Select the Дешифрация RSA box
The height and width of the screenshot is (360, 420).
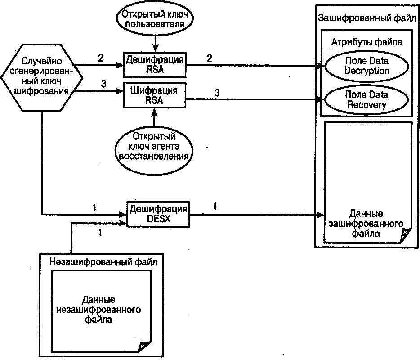coord(155,64)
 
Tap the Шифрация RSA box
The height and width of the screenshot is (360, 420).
coord(154,95)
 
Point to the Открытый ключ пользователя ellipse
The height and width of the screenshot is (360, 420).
coord(155,19)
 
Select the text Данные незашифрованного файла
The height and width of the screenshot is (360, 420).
coord(98,310)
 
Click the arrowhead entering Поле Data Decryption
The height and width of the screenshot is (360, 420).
coord(321,66)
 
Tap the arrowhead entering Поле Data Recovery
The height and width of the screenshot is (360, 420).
coord(321,100)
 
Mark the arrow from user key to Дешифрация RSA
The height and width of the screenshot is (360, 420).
coord(155,45)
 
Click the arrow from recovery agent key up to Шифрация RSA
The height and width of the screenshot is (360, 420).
coord(154,117)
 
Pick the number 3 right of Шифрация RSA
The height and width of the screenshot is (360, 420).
coord(217,93)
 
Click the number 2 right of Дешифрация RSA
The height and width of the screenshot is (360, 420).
coord(210,58)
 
